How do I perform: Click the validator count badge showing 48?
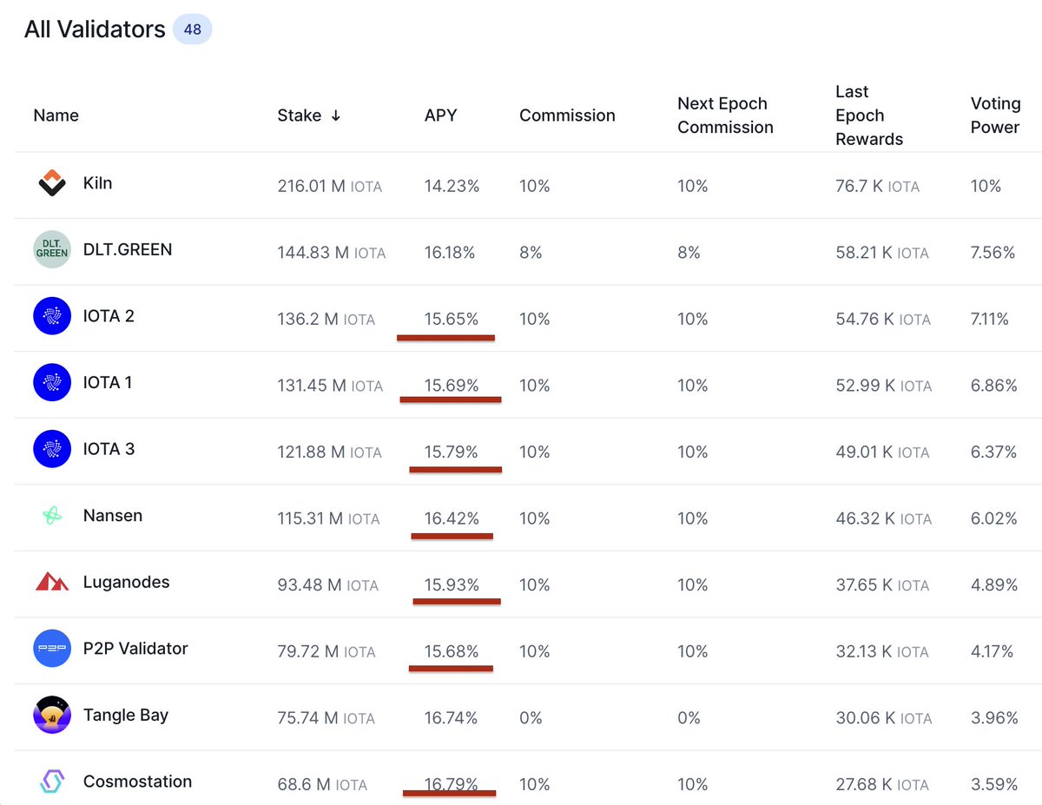[192, 30]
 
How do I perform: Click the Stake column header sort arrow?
[335, 115]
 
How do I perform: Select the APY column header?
[440, 115]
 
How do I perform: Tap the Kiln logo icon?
[52, 183]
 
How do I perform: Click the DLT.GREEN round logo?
[52, 250]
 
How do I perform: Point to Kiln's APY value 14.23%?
[452, 186]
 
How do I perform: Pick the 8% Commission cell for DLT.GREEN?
[531, 253]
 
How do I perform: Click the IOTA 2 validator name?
[109, 316]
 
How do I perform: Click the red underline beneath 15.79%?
[455, 470]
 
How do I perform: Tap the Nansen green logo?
[52, 516]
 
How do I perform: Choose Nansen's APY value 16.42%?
[452, 518]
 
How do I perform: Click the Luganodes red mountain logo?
[52, 582]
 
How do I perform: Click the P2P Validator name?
[135, 649]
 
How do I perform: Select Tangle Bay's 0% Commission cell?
[531, 718]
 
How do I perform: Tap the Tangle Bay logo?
[52, 716]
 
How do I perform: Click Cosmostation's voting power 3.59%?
[994, 784]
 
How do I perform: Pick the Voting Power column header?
[995, 115]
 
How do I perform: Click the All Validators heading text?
[95, 30]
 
